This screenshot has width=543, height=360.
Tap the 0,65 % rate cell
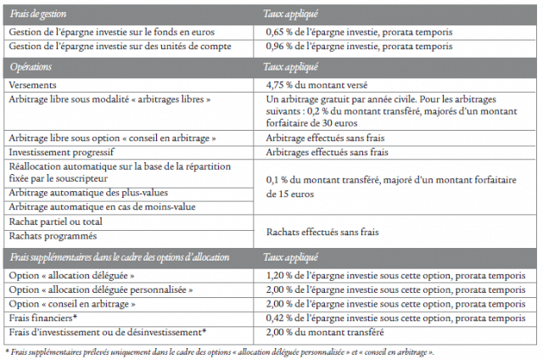tap(358, 32)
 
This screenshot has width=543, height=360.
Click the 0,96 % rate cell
tap(358, 46)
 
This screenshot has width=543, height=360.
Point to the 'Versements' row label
tap(33, 85)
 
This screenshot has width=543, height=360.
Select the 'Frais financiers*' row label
tap(43, 317)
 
